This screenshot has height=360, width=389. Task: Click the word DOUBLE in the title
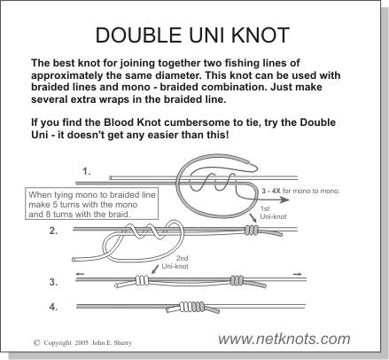pos(138,35)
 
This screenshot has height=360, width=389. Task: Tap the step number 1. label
pos(87,171)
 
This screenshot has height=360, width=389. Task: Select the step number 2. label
pos(53,231)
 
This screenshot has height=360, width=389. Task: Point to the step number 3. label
pos(53,282)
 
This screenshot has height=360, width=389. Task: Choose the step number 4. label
pos(53,307)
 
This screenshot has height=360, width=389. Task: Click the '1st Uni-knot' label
pos(273,213)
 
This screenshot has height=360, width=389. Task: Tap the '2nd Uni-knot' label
pos(175,262)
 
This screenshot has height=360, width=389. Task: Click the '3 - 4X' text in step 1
pos(271,191)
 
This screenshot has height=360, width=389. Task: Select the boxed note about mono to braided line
pos(92,204)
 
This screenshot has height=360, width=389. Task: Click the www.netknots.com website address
pos(284,339)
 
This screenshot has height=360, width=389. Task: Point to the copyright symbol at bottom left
pos(37,343)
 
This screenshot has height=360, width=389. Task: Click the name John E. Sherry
pos(112,343)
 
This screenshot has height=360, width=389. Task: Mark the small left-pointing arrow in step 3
pos(81,274)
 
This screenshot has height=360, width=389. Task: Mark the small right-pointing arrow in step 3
pos(298,274)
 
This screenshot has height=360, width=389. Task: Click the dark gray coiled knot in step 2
pos(252,230)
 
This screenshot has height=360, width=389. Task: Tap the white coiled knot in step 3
pos(142,279)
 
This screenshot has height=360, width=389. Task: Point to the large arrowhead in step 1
pos(284,200)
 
